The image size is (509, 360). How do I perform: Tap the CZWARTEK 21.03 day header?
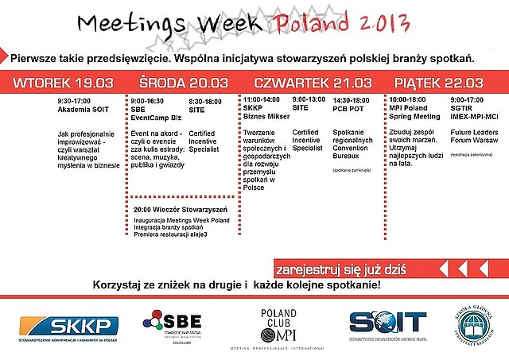(312, 83)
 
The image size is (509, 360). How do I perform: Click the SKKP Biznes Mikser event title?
(262, 110)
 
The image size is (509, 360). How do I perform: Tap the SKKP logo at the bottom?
(70, 325)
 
